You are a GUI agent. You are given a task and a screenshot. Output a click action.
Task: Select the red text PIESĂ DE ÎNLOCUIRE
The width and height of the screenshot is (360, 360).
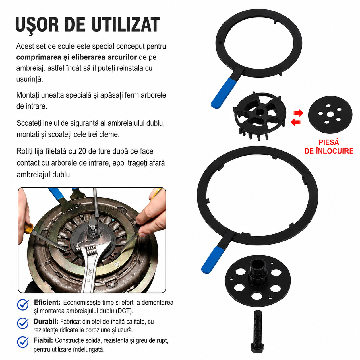[329, 147]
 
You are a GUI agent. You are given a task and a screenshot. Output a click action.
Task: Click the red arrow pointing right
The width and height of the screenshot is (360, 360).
[298, 113]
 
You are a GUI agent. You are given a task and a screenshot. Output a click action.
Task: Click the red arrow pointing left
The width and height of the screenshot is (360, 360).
[296, 122]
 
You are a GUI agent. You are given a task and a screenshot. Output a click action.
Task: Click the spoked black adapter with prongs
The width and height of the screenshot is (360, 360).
[260, 115]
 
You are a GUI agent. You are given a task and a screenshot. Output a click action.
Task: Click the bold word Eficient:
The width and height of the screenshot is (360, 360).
[47, 302]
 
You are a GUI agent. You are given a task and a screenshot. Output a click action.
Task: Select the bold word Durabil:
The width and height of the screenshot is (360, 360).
[46, 321]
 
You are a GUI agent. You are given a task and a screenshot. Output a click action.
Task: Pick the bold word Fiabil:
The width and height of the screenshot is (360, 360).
[43, 340]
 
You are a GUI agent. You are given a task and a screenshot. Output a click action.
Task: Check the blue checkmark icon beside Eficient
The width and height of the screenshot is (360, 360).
[23, 305]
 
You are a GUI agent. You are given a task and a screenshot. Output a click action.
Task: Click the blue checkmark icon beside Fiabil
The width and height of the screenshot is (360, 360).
[23, 342]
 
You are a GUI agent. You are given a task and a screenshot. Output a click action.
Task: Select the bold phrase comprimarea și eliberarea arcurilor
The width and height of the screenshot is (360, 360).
[76, 57]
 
